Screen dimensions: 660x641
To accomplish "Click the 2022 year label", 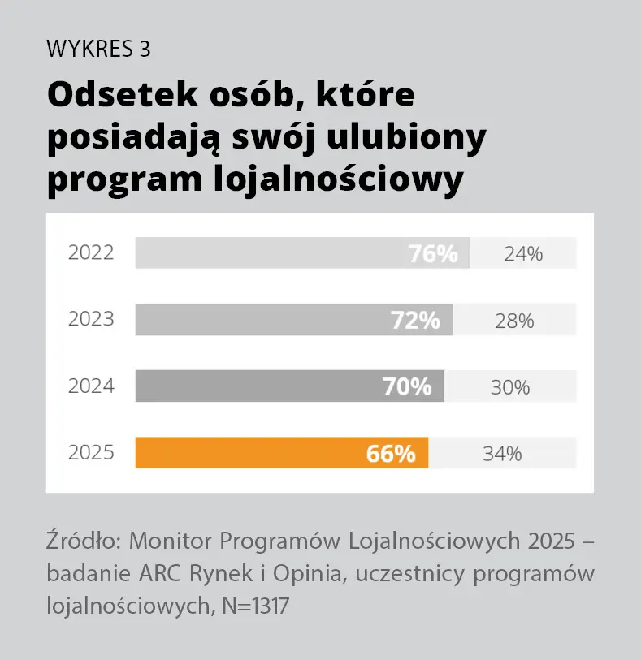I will pyautogui.click(x=91, y=253).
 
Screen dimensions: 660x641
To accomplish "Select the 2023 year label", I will pyautogui.click(x=91, y=320).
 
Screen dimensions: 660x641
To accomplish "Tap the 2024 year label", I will pyautogui.click(x=91, y=386).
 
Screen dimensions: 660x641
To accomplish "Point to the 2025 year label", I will pyautogui.click(x=91, y=453).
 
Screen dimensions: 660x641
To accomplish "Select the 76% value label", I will pyautogui.click(x=432, y=254).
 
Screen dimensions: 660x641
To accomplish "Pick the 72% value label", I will pyautogui.click(x=415, y=321).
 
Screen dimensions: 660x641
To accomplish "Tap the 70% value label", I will pyautogui.click(x=407, y=387).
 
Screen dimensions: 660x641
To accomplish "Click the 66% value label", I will pyautogui.click(x=391, y=454).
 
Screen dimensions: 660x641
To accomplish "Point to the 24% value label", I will pyautogui.click(x=522, y=254).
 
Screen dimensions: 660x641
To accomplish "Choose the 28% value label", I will pyautogui.click(x=514, y=321).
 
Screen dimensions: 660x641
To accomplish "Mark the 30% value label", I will pyautogui.click(x=510, y=387).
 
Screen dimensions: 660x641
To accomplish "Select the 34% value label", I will pyautogui.click(x=502, y=454).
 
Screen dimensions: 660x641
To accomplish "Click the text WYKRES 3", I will pyautogui.click(x=99, y=50).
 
